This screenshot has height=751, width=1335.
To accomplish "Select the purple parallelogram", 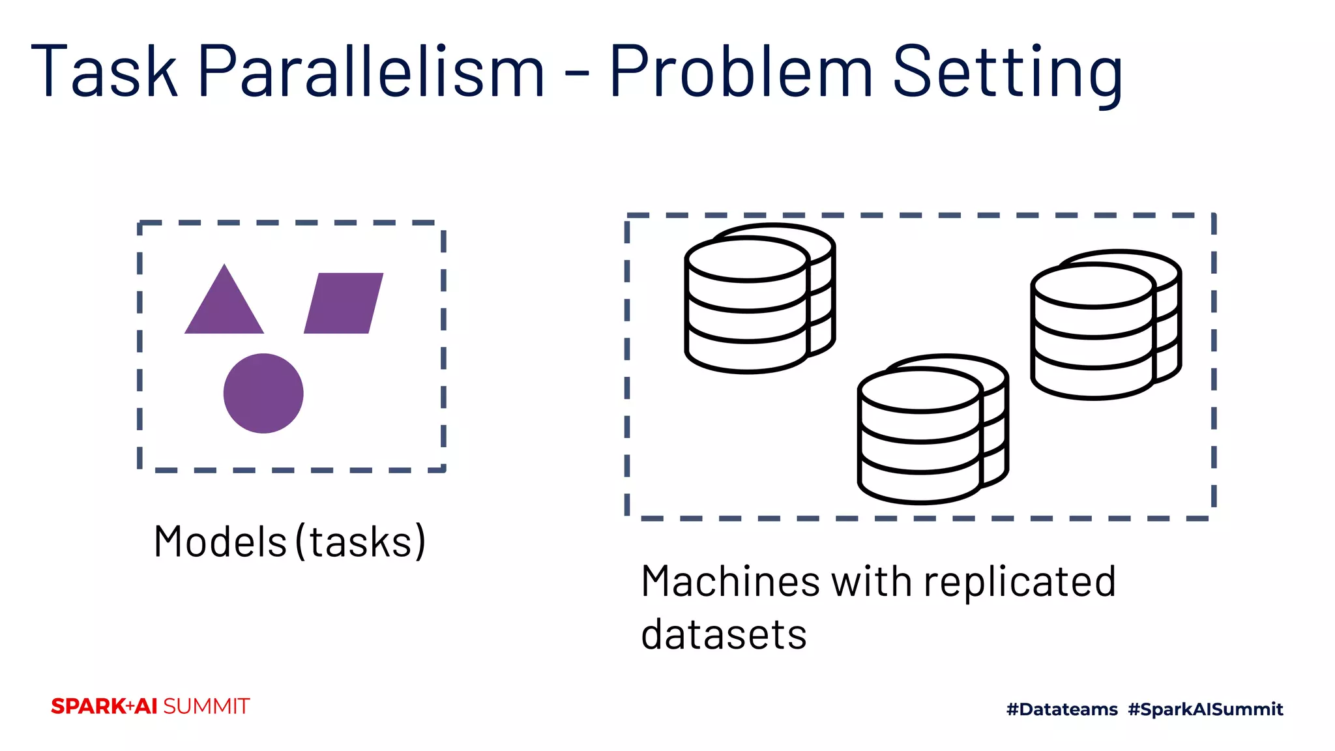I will click(344, 303).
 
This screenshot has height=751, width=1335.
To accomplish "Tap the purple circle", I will click(263, 393).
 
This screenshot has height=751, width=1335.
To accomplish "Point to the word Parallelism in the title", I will click(370, 71).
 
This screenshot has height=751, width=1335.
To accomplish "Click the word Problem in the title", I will click(741, 71).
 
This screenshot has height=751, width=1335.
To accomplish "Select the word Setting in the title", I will click(1007, 73).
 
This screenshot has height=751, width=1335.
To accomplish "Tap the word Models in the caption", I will click(220, 542).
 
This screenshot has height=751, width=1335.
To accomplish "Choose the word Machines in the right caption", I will click(730, 582).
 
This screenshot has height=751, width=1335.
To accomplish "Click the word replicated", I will click(1020, 583).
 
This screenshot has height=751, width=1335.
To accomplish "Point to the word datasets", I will click(724, 634).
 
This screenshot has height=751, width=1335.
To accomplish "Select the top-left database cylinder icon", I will click(759, 299).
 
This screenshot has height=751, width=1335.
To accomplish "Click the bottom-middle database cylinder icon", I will click(932, 430).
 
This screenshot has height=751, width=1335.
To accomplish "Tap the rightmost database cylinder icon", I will click(1105, 325).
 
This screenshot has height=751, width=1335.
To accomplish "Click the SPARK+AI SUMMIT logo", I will click(151, 707).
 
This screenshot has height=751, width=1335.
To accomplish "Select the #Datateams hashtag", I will click(1061, 709).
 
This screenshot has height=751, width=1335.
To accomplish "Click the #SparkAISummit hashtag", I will click(1205, 709).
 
